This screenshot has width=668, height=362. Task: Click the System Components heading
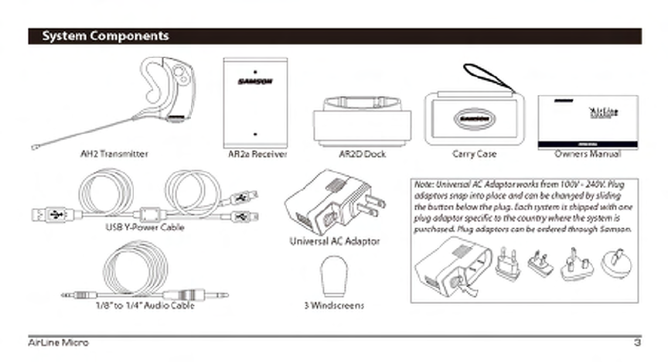pyautogui.click(x=104, y=36)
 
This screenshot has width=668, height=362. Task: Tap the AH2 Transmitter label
pyautogui.click(x=114, y=154)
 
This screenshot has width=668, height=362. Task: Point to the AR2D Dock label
pyautogui.click(x=362, y=154)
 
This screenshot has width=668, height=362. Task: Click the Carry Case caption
pyautogui.click(x=475, y=154)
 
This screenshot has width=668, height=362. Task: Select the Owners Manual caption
pyautogui.click(x=588, y=154)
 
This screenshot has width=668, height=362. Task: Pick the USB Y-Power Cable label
pyautogui.click(x=145, y=227)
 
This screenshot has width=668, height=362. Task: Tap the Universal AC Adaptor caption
pyautogui.click(x=334, y=241)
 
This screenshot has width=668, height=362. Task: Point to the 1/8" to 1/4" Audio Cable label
pyautogui.click(x=145, y=305)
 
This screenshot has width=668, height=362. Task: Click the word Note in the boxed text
pyautogui.click(x=424, y=185)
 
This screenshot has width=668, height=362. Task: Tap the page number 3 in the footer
pyautogui.click(x=637, y=342)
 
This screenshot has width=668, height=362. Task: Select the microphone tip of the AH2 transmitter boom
pyautogui.click(x=34, y=147)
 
